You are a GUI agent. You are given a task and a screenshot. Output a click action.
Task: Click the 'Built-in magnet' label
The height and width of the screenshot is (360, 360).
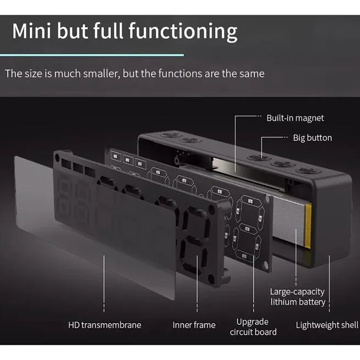pyautogui.click(x=295, y=118)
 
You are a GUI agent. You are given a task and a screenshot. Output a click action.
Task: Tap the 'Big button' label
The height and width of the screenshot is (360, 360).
pyautogui.click(x=312, y=138)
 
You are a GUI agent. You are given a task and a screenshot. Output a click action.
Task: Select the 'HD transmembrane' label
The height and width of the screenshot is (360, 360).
pyautogui.click(x=104, y=325)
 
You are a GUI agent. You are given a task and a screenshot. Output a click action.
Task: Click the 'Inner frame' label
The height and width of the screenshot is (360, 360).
pyautogui.click(x=194, y=325)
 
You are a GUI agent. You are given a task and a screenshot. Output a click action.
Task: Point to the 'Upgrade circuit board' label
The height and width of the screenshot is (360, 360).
pyautogui.click(x=253, y=327)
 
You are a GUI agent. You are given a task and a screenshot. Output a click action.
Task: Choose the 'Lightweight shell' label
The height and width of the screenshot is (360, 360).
pyautogui.click(x=327, y=325)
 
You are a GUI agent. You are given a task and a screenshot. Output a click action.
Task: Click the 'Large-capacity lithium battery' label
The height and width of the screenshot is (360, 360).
pyautogui.click(x=297, y=297)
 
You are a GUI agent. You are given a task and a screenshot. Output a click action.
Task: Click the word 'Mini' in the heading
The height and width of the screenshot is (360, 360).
pyautogui.click(x=31, y=31)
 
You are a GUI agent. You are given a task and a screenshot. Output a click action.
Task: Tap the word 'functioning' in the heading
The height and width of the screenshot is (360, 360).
pyautogui.click(x=183, y=32)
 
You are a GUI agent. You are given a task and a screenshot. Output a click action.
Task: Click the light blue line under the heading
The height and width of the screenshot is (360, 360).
pyautogui.click(x=92, y=55)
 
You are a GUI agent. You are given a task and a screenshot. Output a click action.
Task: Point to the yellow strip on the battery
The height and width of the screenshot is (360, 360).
pyautogui.click(x=308, y=226)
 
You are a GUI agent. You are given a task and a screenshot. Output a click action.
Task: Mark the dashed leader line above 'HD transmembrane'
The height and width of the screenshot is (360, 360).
pyautogui.click(x=104, y=284)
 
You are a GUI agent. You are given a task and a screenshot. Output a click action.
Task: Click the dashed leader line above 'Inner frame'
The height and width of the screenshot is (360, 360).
pyautogui.click(x=197, y=284)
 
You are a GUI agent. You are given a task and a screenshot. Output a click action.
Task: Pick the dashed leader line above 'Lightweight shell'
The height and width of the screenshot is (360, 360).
pyautogui.click(x=329, y=284)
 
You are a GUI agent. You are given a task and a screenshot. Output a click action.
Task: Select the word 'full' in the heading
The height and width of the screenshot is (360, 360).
pyautogui.click(x=108, y=30)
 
